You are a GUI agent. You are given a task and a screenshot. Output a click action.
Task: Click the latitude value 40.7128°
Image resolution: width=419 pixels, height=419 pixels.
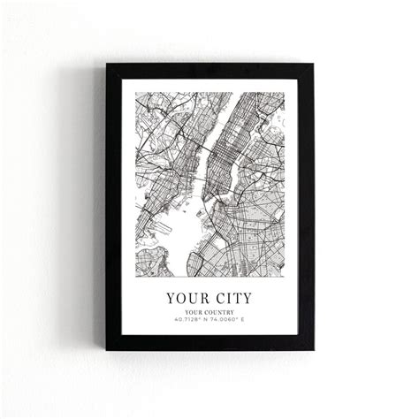(188, 320)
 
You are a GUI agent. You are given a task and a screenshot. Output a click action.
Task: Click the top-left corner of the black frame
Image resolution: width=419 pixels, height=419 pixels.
(108, 65)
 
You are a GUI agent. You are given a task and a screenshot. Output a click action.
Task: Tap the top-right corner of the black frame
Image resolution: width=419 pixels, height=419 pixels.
(312, 65)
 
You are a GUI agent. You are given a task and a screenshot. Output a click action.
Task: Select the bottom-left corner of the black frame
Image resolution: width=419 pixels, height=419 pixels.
(108, 353)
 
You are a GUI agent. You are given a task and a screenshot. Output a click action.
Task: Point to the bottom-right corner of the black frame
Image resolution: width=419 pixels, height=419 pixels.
(312, 353)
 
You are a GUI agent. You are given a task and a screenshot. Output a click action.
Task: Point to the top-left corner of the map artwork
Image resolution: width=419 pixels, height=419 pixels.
(135, 93)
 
